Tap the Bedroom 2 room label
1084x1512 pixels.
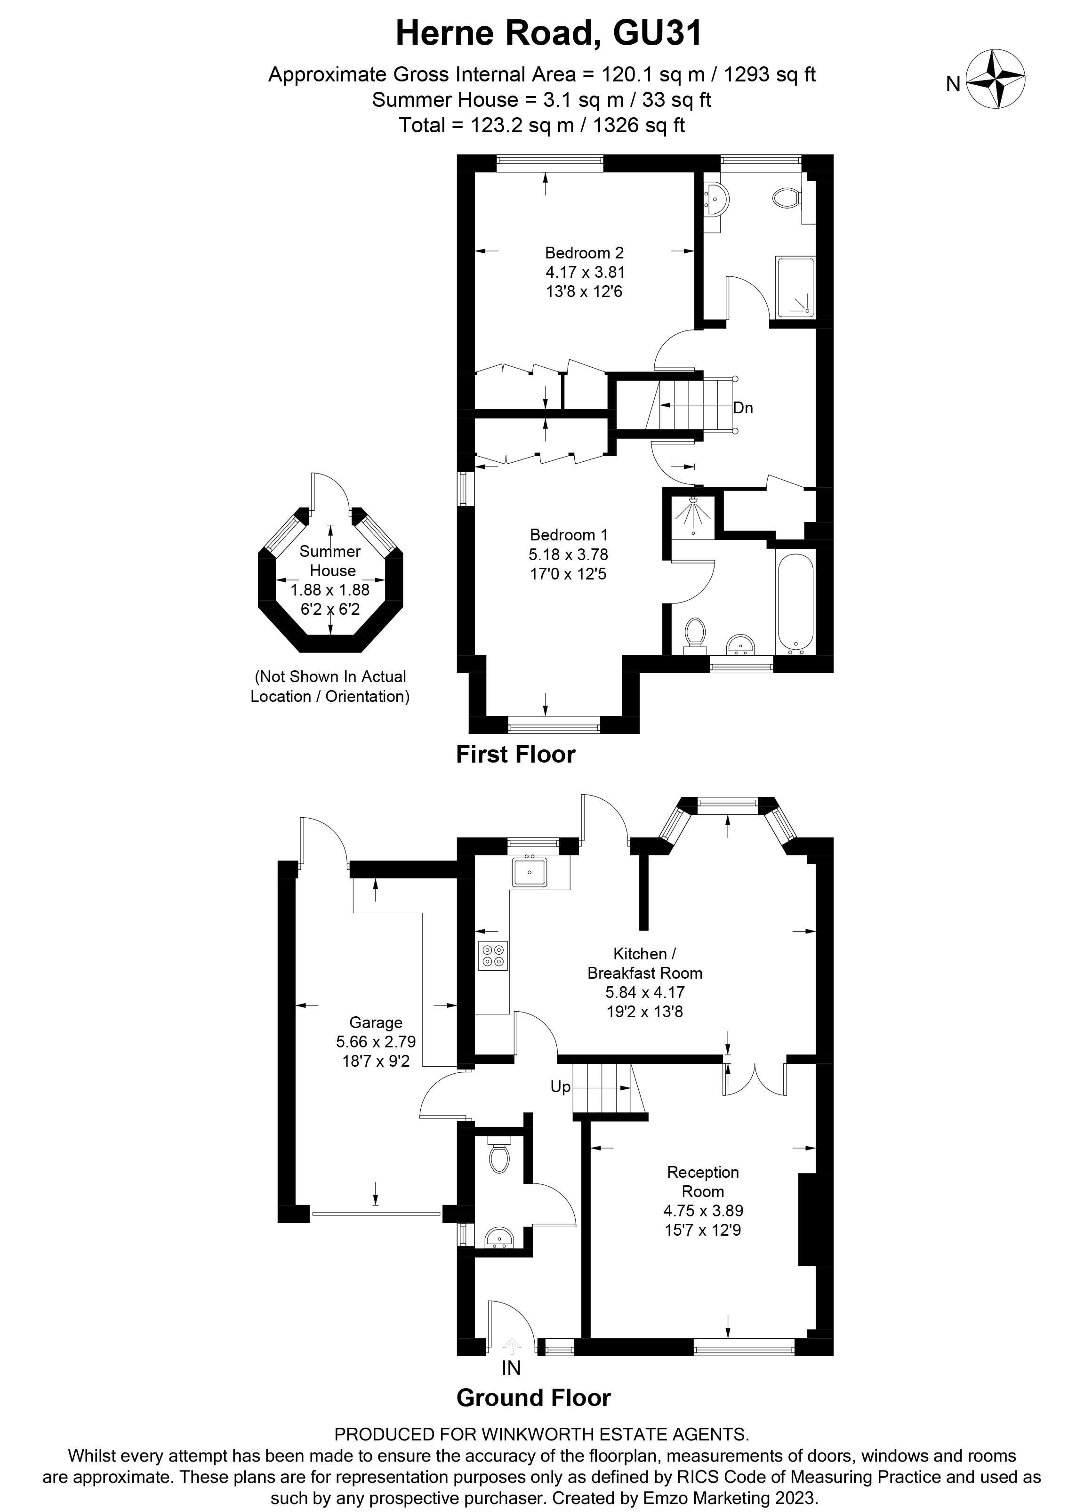pyautogui.click(x=584, y=253)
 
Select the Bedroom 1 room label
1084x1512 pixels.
pyautogui.click(x=569, y=535)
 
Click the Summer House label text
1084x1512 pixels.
pyautogui.click(x=331, y=561)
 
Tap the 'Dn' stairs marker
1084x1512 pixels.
pyautogui.click(x=743, y=408)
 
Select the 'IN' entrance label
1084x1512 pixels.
pyautogui.click(x=511, y=1368)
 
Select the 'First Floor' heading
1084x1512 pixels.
pyautogui.click(x=515, y=754)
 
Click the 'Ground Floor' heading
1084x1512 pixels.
pyautogui.click(x=533, y=1398)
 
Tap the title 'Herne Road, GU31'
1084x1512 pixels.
pyautogui.click(x=549, y=33)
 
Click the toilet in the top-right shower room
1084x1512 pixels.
pyautogui.click(x=787, y=197)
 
